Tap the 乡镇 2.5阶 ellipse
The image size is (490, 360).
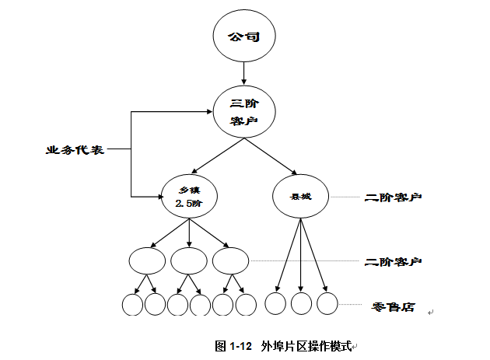(x=189, y=197)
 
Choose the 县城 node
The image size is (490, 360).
(x=300, y=196)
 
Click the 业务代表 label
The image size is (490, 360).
(x=75, y=149)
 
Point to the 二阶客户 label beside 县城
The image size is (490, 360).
(x=394, y=197)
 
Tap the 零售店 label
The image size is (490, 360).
(x=393, y=307)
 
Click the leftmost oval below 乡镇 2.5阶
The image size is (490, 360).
(x=146, y=260)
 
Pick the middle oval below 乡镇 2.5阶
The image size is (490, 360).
(x=188, y=260)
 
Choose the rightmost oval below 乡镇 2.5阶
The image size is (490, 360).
(x=230, y=260)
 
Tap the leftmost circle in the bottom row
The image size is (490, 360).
(x=133, y=304)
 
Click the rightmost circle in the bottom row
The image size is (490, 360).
(x=327, y=303)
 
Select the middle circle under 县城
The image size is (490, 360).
(x=301, y=303)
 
